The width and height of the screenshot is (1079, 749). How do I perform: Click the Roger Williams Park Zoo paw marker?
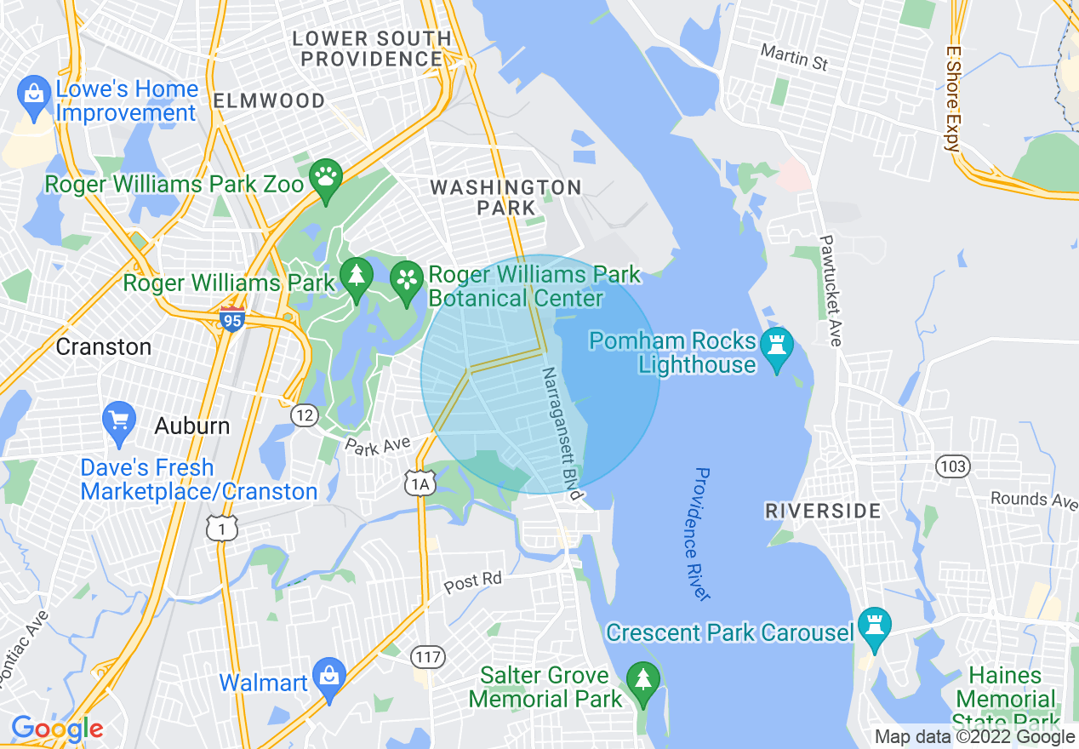[x=325, y=178]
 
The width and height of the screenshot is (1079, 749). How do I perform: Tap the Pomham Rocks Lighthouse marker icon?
[x=776, y=346]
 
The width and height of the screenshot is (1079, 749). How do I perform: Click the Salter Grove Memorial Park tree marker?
[x=643, y=681]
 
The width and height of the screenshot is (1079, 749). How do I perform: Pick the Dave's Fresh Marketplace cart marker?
[x=118, y=420]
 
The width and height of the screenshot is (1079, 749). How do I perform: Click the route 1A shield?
[x=420, y=484]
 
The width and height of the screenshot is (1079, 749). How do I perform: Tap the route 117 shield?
[x=427, y=656]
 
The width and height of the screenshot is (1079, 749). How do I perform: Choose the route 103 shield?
[x=952, y=466]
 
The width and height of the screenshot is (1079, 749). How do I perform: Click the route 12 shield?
[x=304, y=415]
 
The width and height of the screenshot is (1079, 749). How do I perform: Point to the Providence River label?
[x=701, y=534]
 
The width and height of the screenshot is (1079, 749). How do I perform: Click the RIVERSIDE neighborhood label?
[x=823, y=511]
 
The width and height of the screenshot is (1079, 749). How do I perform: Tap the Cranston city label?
[x=104, y=346]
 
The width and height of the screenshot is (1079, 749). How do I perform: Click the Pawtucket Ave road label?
[x=831, y=290]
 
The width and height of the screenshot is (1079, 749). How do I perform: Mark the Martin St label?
[x=794, y=57]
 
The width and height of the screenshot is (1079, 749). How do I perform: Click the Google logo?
[x=57, y=729]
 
